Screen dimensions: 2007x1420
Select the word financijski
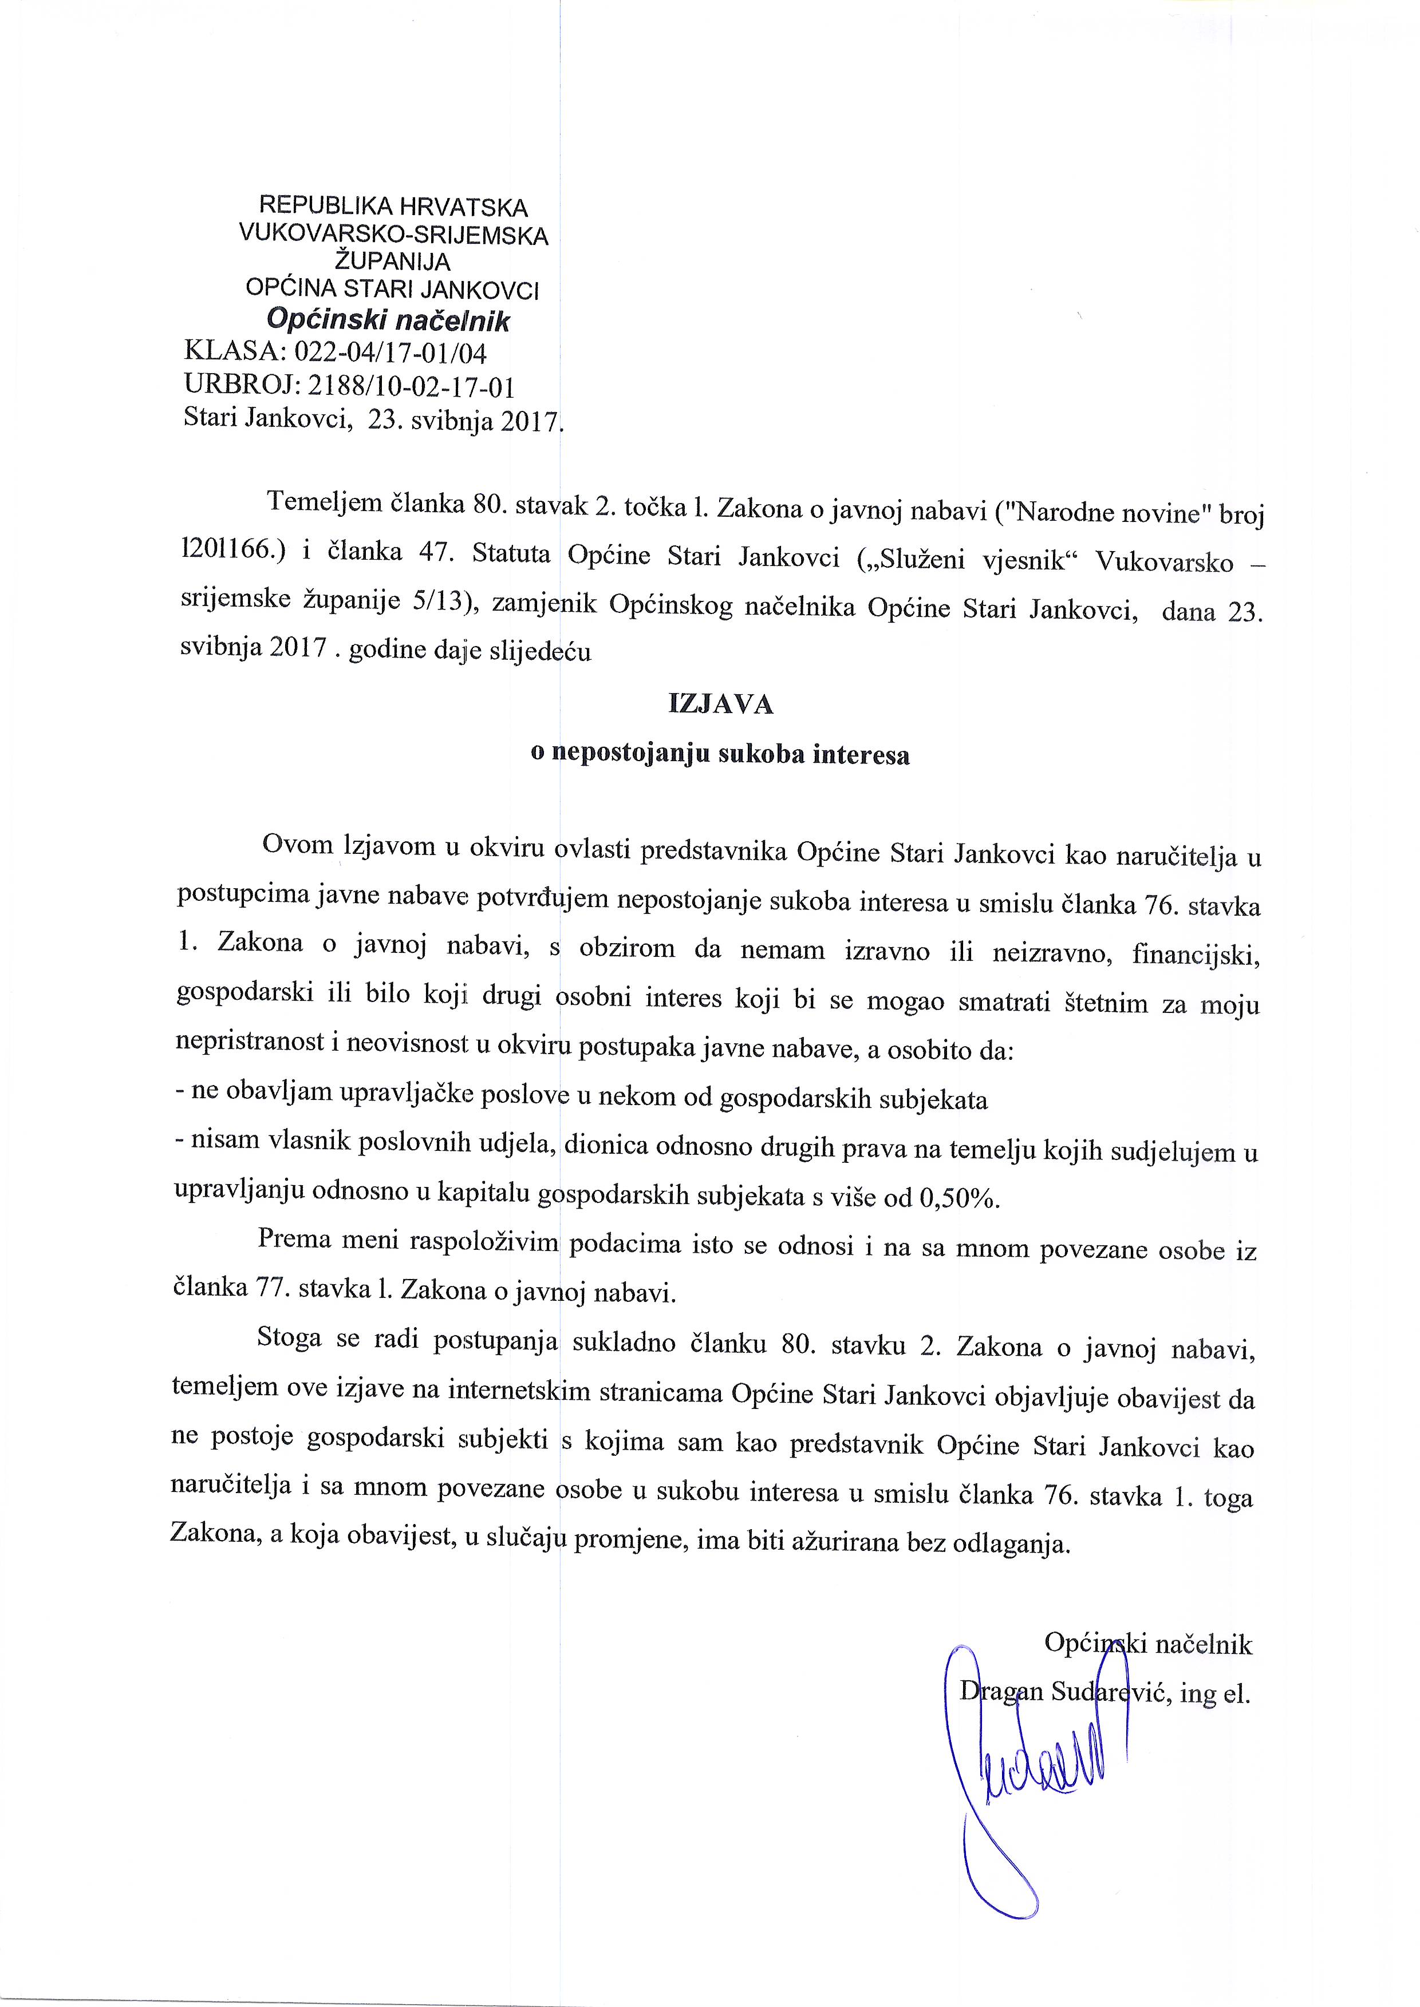tap(1196, 953)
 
